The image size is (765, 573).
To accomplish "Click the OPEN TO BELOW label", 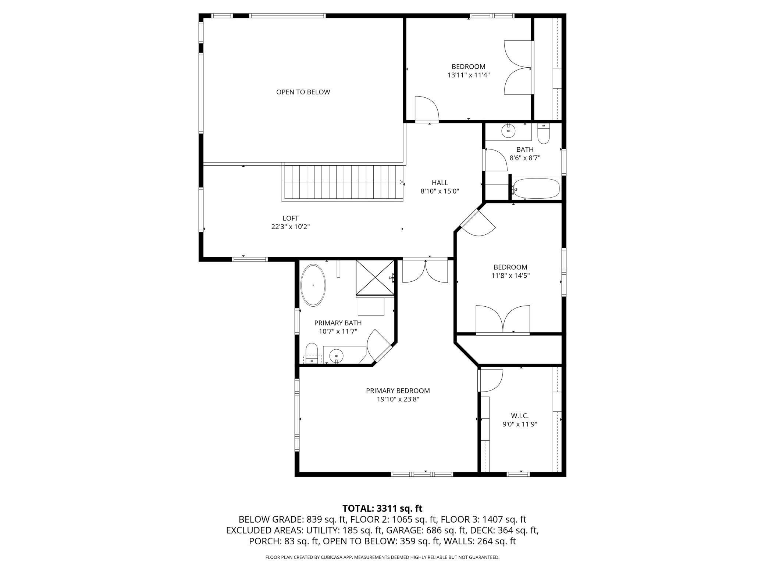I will click(303, 92).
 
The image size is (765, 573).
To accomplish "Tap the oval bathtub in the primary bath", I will click(313, 285).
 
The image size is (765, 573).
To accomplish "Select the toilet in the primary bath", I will click(312, 353).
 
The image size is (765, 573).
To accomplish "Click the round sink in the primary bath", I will click(336, 356).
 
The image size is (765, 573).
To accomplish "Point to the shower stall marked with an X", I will click(375, 278).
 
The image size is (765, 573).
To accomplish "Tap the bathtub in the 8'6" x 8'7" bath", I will click(536, 188).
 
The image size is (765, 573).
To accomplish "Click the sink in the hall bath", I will click(509, 131).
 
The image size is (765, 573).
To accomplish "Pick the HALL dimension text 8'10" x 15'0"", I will click(440, 191).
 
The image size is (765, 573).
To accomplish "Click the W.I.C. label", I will click(520, 416).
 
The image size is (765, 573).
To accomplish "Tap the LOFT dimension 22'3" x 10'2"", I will click(290, 227).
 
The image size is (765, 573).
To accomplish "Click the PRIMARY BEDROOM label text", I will click(398, 391).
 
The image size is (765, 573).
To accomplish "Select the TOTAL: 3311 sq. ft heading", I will click(382, 508).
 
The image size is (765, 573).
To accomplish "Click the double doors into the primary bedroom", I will click(425, 271).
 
